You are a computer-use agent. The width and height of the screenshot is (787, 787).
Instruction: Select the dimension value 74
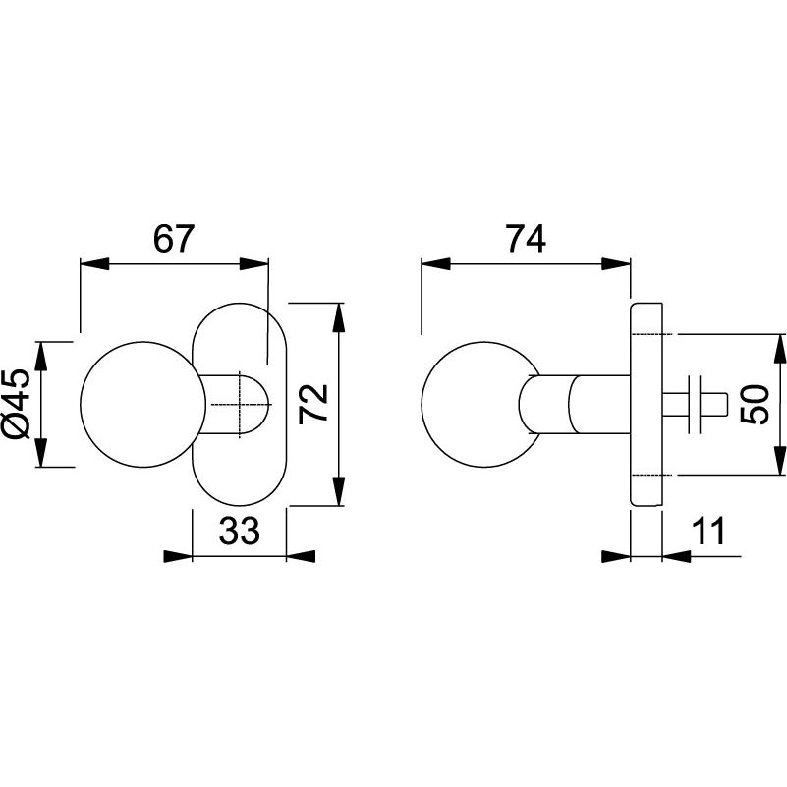[525, 239]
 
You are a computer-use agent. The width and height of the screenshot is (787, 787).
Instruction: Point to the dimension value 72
[312, 404]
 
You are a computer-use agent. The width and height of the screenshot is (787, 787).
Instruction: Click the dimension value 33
[239, 532]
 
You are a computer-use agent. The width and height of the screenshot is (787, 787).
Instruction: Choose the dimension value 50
[755, 404]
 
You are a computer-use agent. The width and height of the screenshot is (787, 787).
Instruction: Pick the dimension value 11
[706, 532]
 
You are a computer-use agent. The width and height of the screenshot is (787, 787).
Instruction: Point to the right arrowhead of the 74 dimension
[616, 263]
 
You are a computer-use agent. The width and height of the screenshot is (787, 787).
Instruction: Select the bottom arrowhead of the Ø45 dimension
[41, 454]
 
